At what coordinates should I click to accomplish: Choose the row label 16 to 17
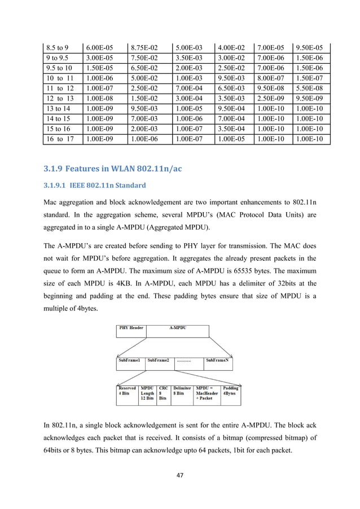pyautogui.click(x=60, y=138)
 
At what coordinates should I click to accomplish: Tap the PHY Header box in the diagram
pyautogui.click(x=131, y=328)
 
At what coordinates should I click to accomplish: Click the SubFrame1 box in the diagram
pyautogui.click(x=129, y=359)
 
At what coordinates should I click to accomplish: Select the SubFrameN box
pyautogui.click(x=217, y=359)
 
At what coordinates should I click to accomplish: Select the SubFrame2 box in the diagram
pyautogui.click(x=159, y=359)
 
